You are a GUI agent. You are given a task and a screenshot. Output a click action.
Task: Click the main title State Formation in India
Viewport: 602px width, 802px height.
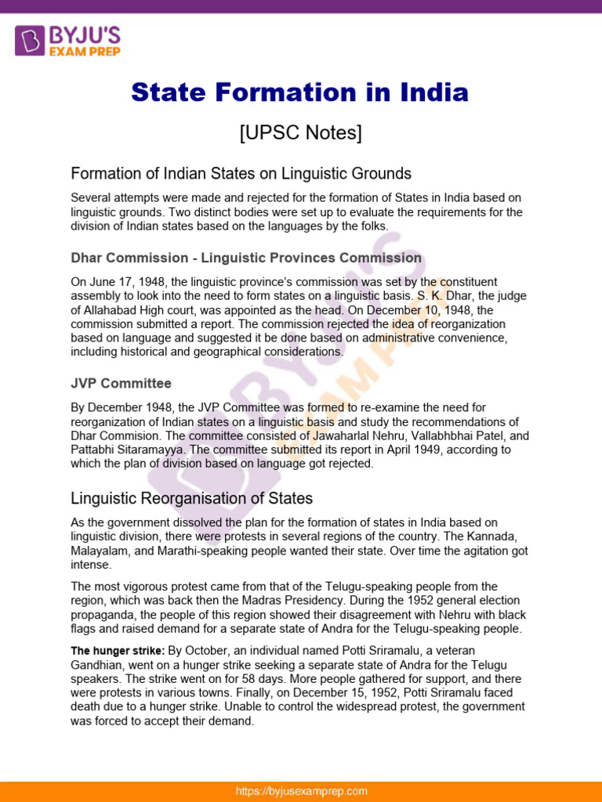300,93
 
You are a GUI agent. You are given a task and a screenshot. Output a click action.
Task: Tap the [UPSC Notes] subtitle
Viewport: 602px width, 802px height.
300,133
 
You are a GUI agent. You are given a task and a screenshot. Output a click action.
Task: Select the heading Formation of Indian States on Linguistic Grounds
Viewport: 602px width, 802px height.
241,173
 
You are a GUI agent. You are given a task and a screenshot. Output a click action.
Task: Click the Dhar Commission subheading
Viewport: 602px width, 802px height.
246,258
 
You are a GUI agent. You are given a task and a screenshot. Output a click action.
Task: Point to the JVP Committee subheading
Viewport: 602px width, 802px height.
121,384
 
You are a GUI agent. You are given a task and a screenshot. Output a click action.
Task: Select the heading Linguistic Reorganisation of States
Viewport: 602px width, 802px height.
192,498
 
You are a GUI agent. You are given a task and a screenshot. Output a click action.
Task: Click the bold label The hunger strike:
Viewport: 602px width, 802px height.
118,651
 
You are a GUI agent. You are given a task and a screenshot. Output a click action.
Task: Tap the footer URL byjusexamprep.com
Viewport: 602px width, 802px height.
302,791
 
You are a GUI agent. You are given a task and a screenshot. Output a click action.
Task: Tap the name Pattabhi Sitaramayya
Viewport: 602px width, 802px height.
124,450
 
